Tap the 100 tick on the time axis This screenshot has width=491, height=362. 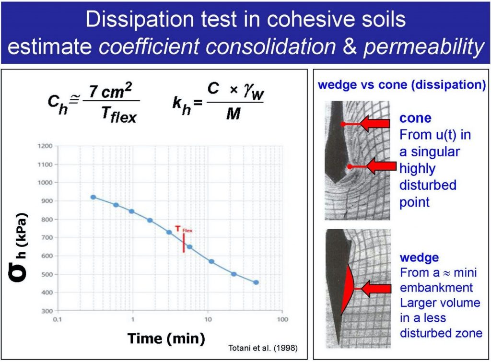283,319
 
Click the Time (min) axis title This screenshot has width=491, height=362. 165,338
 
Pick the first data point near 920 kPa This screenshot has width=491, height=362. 93,197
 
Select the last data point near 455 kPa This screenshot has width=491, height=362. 256,282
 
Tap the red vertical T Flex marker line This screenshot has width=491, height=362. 184,243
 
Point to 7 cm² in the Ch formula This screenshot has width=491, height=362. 112,92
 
